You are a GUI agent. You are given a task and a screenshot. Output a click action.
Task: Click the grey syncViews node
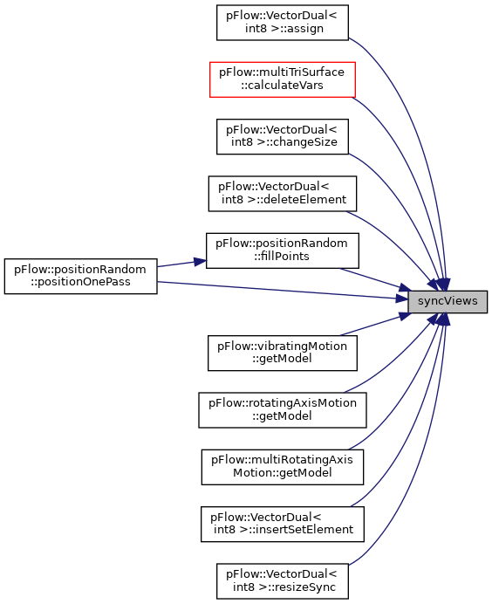[448, 302]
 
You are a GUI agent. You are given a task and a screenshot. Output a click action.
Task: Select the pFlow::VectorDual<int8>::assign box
[282, 23]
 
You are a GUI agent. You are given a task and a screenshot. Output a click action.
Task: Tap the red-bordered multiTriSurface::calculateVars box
[282, 79]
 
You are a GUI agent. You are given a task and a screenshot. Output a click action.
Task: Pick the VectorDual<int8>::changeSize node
[282, 136]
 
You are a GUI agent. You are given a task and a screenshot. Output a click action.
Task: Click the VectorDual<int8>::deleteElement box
[282, 194]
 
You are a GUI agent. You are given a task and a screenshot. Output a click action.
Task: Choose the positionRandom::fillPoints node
[282, 251]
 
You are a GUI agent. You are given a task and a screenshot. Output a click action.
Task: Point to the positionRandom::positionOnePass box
[80, 276]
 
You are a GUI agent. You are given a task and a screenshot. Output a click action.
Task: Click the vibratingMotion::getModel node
[282, 353]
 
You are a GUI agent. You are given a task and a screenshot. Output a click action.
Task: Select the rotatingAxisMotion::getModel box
[282, 410]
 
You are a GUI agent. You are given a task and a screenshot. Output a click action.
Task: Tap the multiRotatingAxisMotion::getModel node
[282, 467]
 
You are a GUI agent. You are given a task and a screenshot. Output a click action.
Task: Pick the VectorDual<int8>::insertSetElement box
[282, 524]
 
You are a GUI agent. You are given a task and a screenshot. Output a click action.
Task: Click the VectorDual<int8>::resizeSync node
[282, 581]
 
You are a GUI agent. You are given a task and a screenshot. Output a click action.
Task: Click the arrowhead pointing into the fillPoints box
[200, 262]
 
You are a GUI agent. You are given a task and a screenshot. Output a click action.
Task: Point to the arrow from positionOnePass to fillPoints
[181, 264]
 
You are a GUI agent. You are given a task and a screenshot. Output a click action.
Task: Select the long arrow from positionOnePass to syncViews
[283, 290]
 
